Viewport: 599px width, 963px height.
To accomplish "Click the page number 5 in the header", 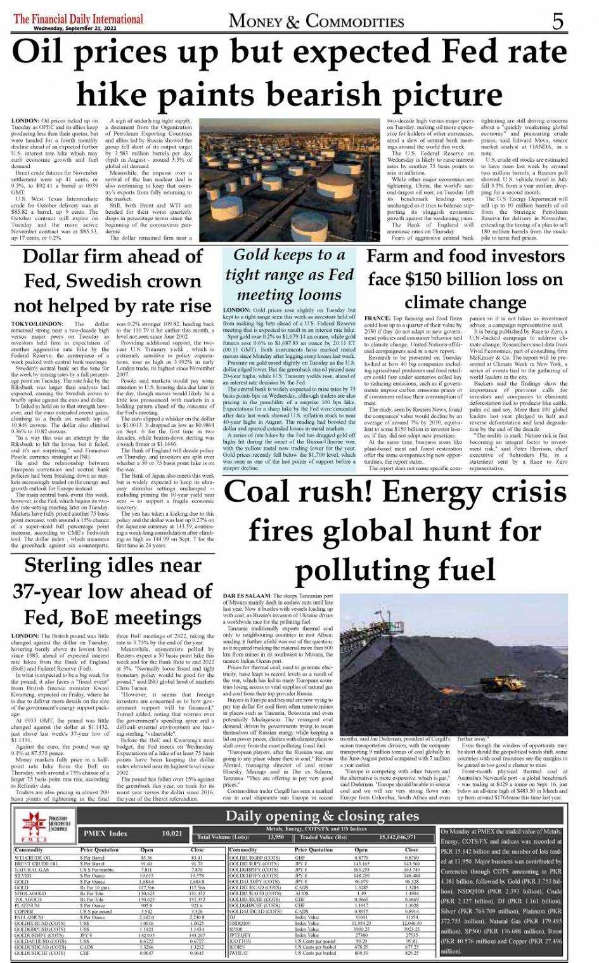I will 557,21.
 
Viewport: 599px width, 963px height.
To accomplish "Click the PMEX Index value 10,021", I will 172,833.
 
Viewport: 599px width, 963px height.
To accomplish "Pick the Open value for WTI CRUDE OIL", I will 146,858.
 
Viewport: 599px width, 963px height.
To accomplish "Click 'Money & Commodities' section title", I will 316,22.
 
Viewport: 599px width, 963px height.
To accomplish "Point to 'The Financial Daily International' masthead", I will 78,18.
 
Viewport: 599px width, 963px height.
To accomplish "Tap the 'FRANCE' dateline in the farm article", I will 378,318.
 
